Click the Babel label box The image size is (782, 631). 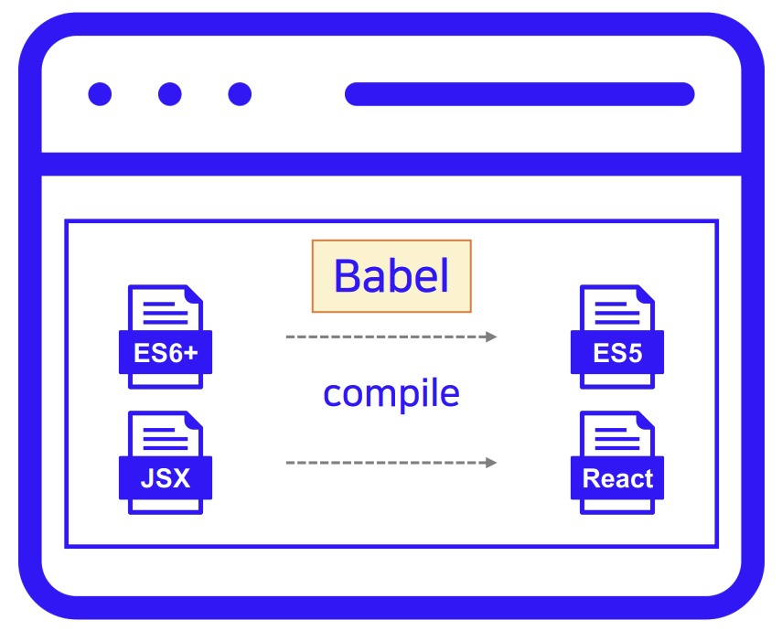coord(391,276)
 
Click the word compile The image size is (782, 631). coord(391,393)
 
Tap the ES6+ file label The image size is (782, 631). coord(166,353)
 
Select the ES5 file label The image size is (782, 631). coord(617,353)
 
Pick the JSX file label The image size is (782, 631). coord(166,478)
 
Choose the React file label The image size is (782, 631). coord(617,478)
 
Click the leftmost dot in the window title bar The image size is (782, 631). coord(100,94)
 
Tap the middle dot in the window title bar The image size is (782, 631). coord(170,94)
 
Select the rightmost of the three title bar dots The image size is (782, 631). coord(240,94)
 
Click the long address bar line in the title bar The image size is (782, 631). coord(519,94)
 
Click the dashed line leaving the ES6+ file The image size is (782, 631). coord(384,337)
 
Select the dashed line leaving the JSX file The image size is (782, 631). coord(384,463)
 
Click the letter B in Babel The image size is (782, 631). coord(346,276)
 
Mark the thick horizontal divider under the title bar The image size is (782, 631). coord(391,165)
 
